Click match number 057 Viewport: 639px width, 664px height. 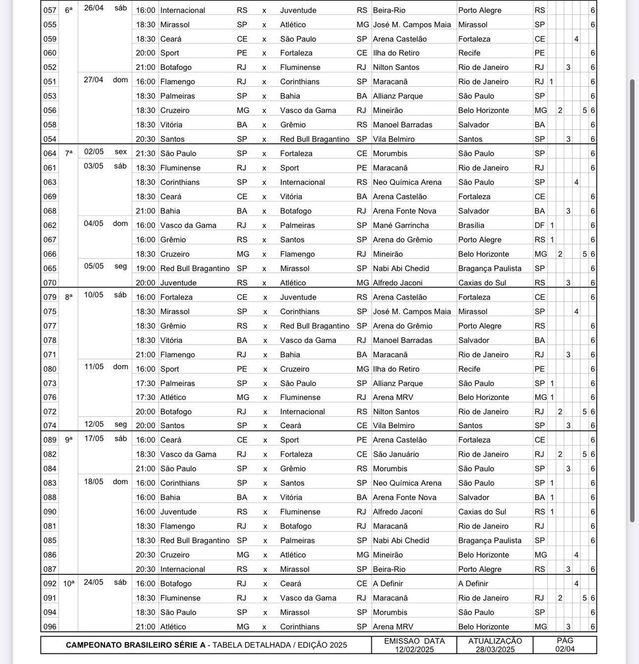[50, 10]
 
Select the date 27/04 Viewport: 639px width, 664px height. [93, 80]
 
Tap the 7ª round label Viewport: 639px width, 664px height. [69, 153]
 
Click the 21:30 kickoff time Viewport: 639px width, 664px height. [146, 153]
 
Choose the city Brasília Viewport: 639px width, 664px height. [471, 225]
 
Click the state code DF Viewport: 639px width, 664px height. [539, 225]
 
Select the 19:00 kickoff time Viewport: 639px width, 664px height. [146, 268]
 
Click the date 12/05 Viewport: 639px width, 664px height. [93, 424]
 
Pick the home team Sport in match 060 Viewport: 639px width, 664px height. [169, 53]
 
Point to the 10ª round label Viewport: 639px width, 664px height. [69, 583]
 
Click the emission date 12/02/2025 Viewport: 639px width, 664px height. [414, 649]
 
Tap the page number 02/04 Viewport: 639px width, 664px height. [565, 649]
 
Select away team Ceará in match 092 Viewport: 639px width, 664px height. [290, 584]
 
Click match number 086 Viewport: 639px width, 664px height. [50, 554]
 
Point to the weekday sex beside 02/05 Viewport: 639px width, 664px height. [121, 152]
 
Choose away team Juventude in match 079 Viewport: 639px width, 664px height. [298, 297]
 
